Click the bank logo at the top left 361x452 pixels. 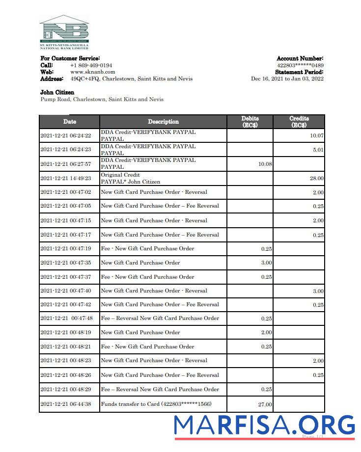64,32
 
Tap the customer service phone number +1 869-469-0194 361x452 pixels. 91,65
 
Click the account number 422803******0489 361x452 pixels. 300,65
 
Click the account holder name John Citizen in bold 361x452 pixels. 57,92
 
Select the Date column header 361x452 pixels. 69,122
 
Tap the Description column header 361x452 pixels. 163,122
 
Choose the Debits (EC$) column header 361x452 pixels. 250,122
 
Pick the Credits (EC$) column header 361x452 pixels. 299,122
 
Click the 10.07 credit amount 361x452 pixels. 316,136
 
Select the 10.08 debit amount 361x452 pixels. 265,164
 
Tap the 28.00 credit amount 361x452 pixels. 316,179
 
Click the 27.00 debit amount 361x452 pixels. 265,405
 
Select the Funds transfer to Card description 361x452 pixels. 156,404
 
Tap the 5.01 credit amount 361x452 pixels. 318,150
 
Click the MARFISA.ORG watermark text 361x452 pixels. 264,425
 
